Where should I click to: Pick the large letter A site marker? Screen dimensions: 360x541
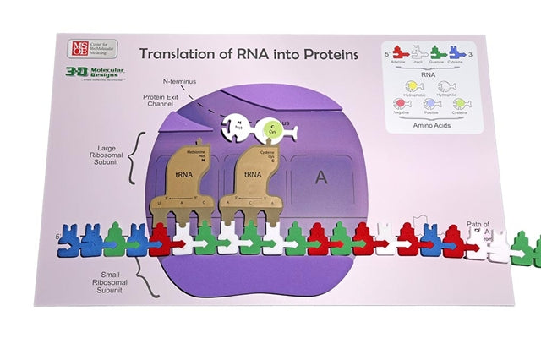tap(320, 177)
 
